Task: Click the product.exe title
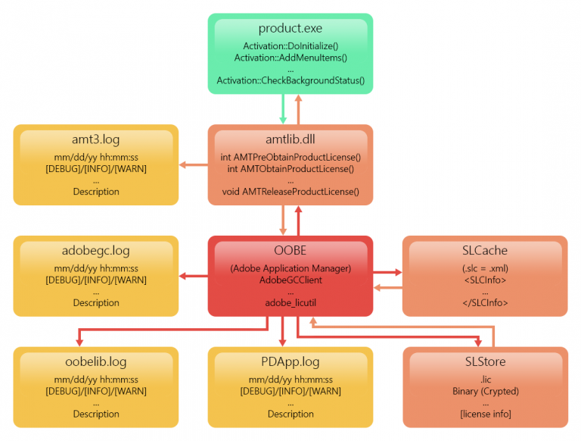coord(290,29)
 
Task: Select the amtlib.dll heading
coord(290,140)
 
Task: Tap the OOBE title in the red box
coord(290,251)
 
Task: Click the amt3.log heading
coord(96,140)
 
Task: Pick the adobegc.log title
coord(96,251)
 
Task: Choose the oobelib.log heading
coord(96,362)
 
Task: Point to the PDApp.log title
coord(290,362)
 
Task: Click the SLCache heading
coord(485,251)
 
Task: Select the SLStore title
coord(485,362)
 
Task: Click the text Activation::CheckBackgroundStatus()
coord(290,80)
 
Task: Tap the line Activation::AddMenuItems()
coord(290,58)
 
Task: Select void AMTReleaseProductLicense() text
coord(290,192)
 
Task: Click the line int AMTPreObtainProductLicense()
coord(290,158)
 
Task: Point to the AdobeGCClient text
coord(290,280)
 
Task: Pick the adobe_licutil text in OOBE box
coord(290,302)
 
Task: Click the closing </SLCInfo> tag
coord(485,302)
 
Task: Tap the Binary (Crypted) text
coord(485,391)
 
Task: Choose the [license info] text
coord(485,414)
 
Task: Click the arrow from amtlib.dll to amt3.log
coord(194,164)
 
